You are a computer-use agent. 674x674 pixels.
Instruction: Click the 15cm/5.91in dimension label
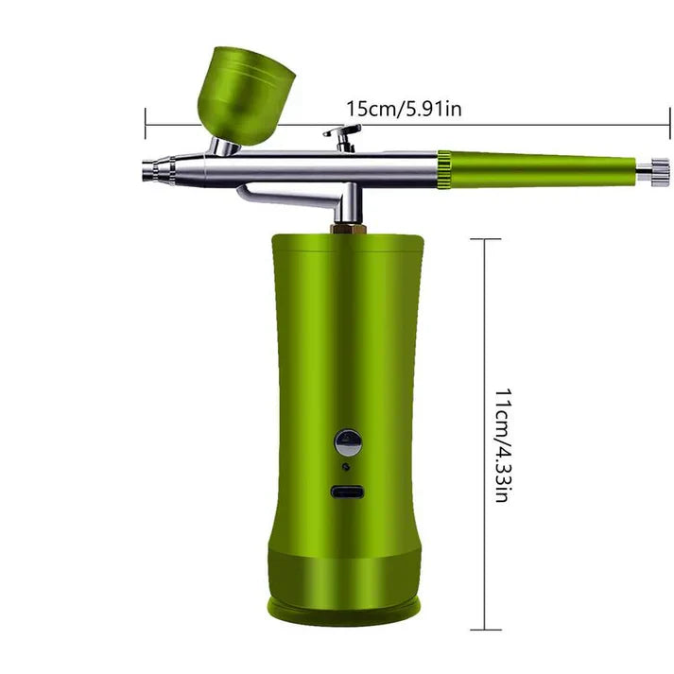point(404,109)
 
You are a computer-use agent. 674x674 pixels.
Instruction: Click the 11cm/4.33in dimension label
point(501,444)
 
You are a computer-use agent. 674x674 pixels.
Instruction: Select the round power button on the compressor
point(347,441)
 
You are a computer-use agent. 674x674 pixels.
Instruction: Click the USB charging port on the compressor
point(347,492)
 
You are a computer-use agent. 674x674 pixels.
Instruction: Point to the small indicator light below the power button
point(346,466)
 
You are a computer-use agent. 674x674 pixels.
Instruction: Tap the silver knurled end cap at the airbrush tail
point(651,171)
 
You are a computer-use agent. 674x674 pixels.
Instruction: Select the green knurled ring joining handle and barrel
point(442,169)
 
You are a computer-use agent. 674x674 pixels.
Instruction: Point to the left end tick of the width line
point(146,123)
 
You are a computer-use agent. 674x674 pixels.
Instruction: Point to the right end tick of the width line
point(669,123)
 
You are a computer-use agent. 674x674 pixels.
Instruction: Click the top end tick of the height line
point(485,239)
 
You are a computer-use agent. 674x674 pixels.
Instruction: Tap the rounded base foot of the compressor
point(346,605)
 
